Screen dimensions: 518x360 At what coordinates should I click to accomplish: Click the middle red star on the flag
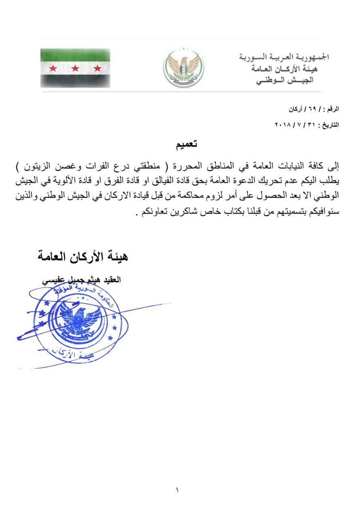click(x=75, y=68)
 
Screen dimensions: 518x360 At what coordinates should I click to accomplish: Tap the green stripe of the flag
click(x=75, y=55)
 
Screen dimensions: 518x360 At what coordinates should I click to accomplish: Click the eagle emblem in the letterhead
click(x=184, y=68)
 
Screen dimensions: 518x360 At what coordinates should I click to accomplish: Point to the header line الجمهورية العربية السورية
click(x=284, y=57)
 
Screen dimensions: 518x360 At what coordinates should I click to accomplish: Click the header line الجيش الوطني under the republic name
click(x=285, y=80)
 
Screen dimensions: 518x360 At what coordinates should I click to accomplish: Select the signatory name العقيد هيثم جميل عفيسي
click(x=82, y=280)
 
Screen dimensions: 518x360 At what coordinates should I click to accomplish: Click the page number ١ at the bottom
click(x=177, y=490)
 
